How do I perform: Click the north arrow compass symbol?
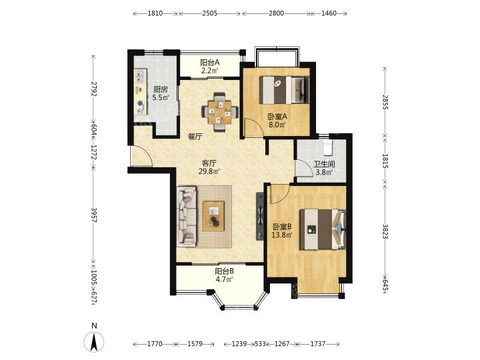94,341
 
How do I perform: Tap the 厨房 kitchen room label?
161,90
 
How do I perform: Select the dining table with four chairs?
220,112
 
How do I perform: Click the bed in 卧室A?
284,90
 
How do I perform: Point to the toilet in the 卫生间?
328,147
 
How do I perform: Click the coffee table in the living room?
213,216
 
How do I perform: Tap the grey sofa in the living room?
187,215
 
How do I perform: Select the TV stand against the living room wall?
260,216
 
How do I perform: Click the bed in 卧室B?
323,229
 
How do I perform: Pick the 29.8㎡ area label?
209,172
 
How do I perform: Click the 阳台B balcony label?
225,271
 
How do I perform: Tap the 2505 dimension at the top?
210,13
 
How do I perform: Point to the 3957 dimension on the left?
94,215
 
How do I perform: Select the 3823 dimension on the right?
385,232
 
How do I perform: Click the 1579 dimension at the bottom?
195,344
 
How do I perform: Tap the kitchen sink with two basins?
140,76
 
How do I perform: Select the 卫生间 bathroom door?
300,168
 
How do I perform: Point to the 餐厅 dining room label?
195,137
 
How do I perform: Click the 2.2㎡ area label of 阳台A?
210,71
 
